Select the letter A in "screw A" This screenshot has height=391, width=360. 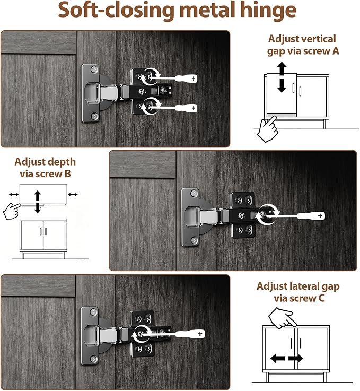click(x=336, y=51)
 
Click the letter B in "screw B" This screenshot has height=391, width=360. click(x=67, y=173)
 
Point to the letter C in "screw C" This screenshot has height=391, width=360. click(x=321, y=298)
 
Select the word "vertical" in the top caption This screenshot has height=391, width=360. click(x=319, y=39)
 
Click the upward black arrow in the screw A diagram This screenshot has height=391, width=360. click(x=282, y=68)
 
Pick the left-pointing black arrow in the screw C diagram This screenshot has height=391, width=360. click(x=277, y=359)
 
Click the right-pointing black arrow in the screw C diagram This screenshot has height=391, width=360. click(x=296, y=359)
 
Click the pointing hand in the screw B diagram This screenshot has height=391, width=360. click(x=12, y=211)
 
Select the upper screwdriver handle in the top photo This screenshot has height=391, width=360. click(x=186, y=79)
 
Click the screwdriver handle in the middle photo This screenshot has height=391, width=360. click(x=311, y=216)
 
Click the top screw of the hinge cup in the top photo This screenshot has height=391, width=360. click(x=94, y=69)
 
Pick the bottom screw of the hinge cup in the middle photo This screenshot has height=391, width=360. click(x=195, y=241)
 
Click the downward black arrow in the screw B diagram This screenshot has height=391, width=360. click(x=38, y=207)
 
